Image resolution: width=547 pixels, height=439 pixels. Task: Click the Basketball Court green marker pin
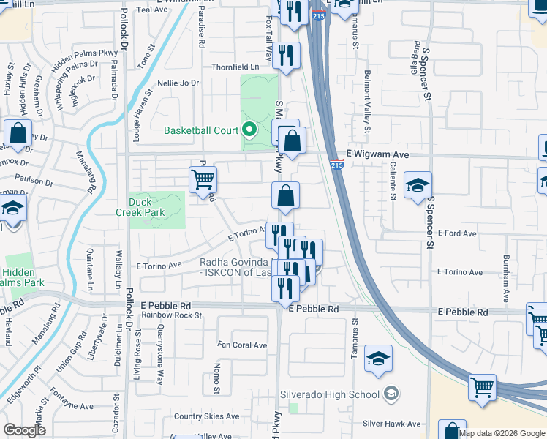(x=249, y=131)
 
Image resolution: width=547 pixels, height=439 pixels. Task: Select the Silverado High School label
(x=330, y=395)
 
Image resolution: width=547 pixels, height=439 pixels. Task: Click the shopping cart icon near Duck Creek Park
(x=203, y=179)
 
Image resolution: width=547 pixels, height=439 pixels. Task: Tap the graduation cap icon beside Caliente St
(x=418, y=186)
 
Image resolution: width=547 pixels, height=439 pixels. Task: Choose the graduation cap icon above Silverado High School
(x=378, y=359)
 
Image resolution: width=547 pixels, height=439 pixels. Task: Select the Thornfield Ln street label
(x=235, y=67)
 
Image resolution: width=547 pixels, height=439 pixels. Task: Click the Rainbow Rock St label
(x=172, y=315)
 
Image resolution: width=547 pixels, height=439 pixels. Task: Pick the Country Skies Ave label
(x=207, y=416)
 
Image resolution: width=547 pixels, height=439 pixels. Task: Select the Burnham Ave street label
(x=505, y=278)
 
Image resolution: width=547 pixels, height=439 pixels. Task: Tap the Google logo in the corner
(x=25, y=429)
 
